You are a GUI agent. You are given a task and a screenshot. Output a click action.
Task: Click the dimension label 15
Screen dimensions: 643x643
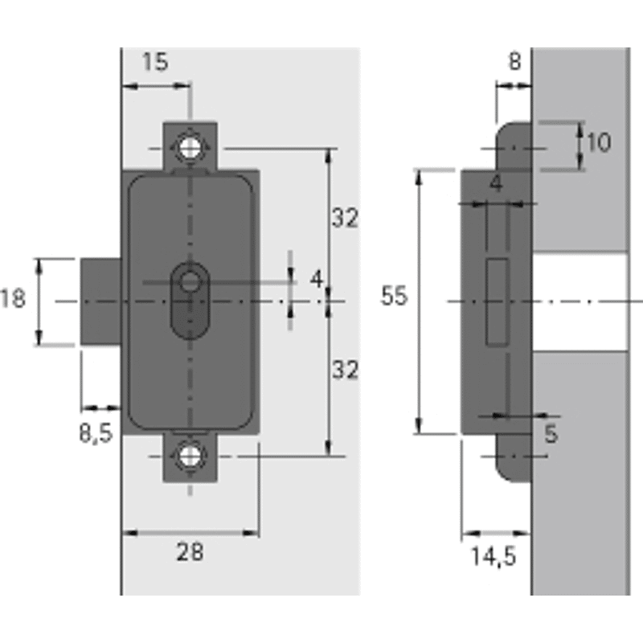[x=155, y=62]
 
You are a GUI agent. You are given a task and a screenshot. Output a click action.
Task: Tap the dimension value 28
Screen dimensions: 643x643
[x=190, y=551]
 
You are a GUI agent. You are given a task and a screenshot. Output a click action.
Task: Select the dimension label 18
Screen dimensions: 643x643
[x=12, y=298]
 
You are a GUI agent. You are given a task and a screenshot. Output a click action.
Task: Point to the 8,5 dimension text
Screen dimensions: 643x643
[x=96, y=433]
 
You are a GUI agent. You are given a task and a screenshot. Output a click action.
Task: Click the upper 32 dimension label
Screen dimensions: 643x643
[x=345, y=217]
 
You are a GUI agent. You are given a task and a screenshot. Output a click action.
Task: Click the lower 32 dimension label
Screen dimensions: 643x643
[x=345, y=370]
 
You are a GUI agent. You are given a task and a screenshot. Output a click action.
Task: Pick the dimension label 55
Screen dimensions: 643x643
[x=394, y=296]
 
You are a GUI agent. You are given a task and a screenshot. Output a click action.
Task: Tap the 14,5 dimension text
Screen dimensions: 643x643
[x=494, y=557]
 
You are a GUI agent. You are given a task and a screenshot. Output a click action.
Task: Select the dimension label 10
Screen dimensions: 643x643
[x=599, y=143]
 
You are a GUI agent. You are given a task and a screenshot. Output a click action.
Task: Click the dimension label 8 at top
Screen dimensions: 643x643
[x=514, y=62]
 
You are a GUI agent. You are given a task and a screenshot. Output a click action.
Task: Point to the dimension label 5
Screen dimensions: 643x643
[x=551, y=433]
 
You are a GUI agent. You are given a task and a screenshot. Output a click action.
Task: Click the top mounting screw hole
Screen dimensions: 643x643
[x=190, y=148]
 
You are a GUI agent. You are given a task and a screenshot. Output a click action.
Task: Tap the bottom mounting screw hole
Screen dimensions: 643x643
[x=190, y=456]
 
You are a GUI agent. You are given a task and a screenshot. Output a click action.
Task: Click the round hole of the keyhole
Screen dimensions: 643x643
[x=190, y=282]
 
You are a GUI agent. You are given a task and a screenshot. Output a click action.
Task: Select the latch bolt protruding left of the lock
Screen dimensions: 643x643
[x=101, y=301]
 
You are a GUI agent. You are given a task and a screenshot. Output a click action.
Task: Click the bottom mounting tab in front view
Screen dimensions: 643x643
[x=190, y=458]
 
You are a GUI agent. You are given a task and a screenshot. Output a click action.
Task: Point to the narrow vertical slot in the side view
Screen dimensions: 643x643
[x=498, y=302]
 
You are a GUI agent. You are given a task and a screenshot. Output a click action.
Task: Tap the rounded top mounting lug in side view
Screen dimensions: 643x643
[x=514, y=145]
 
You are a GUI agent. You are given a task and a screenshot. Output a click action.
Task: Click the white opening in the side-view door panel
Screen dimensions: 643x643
[x=580, y=302]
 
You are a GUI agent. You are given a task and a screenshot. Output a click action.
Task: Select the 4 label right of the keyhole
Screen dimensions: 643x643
[x=317, y=279]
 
